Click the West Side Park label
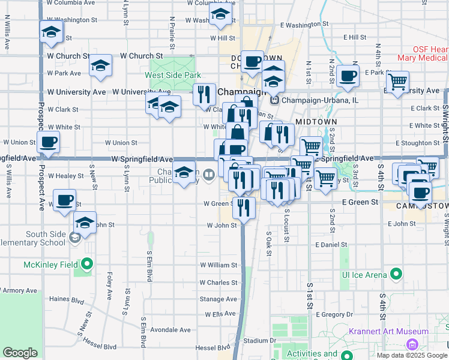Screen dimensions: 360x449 172,76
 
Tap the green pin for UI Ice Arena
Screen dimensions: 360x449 396,275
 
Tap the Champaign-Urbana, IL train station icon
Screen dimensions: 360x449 276,100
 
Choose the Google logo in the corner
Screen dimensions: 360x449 20,353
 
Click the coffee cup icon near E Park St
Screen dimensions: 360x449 348,76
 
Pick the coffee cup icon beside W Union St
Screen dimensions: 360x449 48,142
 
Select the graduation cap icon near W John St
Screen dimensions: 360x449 85,223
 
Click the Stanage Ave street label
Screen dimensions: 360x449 218,299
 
